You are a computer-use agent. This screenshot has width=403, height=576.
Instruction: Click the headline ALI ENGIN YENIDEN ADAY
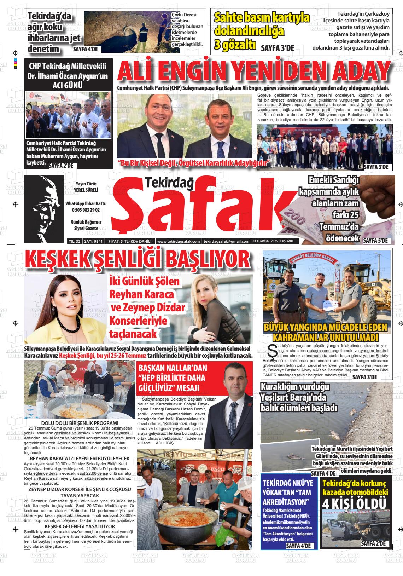click(253, 71)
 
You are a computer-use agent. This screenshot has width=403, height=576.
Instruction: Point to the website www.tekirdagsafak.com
click(178, 241)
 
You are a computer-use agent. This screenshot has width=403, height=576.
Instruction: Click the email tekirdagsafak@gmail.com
click(226, 241)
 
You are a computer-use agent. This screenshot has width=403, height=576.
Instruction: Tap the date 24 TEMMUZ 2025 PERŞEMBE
click(275, 241)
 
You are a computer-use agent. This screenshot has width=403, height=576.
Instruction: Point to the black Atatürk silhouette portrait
click(44, 207)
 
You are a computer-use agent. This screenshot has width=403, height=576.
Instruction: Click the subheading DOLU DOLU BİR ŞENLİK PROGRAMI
click(80, 423)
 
